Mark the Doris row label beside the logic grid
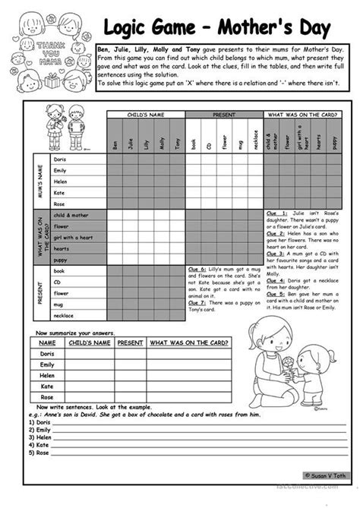(x=61, y=160)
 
